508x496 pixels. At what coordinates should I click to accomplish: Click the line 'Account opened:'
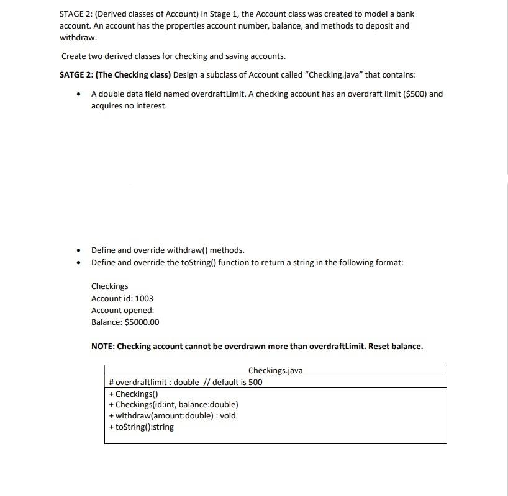pyautogui.click(x=122, y=310)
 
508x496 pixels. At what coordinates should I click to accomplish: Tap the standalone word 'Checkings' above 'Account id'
pyautogui.click(x=109, y=286)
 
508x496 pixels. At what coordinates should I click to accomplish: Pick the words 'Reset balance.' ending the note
pyautogui.click(x=396, y=346)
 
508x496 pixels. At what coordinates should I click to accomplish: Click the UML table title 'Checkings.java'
pyautogui.click(x=275, y=371)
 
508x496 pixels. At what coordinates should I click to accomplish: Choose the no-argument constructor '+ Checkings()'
pyautogui.click(x=134, y=394)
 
